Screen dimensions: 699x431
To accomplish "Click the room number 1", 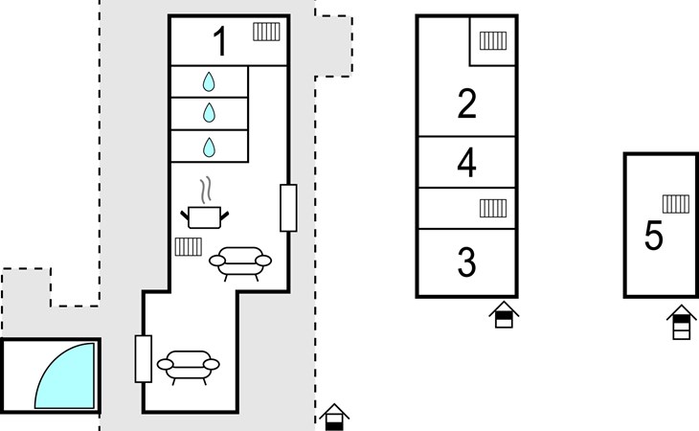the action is pos(220,41).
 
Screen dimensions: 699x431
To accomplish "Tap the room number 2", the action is pos(466,103).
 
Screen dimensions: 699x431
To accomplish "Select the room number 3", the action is pos(466,262).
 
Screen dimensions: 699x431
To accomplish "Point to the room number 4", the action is pos(466,162).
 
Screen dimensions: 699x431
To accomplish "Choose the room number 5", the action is pos(654,236).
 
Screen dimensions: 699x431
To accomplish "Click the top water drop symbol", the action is pos(209,82).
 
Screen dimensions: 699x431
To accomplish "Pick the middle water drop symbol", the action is pos(209,113).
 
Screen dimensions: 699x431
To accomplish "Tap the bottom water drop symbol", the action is pos(209,147).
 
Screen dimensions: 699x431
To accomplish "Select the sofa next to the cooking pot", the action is pos(240,263).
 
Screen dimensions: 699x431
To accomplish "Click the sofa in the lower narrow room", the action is pos(188,367).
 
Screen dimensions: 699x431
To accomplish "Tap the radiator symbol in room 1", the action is pos(266,32).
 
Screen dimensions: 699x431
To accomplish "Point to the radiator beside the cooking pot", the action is pos(188,247).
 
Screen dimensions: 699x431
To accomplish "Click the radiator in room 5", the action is pos(676,204).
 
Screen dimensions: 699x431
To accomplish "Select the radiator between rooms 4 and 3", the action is pos(493,208).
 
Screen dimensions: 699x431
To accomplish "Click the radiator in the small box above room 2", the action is pos(493,40).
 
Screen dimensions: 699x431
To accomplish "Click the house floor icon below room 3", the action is pos(504,315).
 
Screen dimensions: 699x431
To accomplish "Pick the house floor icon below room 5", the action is pos(682,322).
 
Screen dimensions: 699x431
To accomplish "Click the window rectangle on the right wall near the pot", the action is pos(288,208).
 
